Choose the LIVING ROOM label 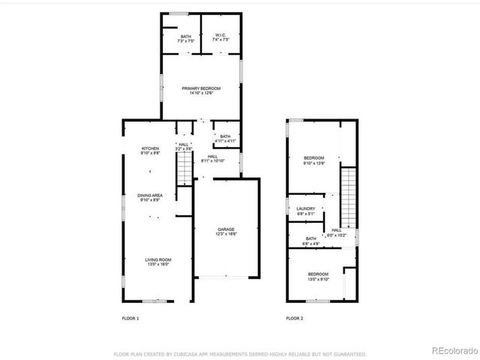[157, 261]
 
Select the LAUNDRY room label [305, 211]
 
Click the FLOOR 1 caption [130, 319]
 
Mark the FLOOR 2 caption [295, 319]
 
